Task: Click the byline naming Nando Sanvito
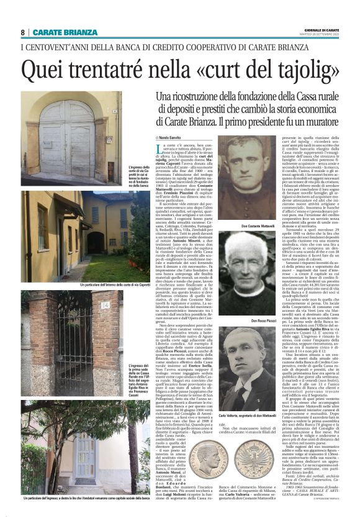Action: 171,136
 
